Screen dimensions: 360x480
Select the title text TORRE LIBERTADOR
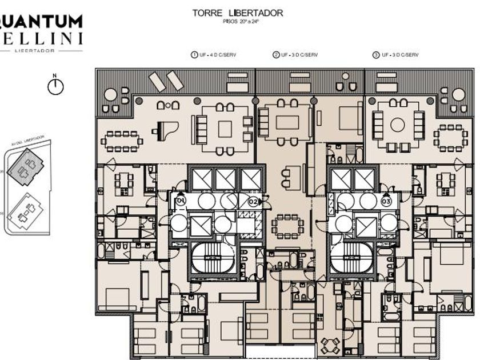238,13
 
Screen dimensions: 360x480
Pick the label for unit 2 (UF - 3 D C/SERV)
295,55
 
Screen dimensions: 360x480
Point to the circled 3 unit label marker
375,55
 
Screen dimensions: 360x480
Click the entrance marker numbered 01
181,201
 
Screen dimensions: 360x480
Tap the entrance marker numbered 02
254,201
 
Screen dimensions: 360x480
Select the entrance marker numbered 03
386,201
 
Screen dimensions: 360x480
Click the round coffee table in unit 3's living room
398,125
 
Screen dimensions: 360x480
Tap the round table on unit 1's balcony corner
111,95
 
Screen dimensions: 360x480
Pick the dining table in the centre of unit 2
287,226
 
